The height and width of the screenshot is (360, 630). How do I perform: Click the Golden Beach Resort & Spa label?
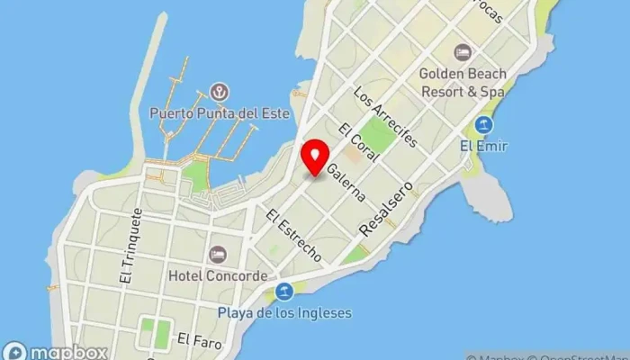[462, 82]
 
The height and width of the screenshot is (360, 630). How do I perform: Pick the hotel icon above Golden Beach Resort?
[463, 51]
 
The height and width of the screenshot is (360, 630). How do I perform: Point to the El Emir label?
[483, 146]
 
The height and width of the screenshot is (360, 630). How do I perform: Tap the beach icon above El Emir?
[484, 124]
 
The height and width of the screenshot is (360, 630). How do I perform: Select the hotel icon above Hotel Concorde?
[217, 255]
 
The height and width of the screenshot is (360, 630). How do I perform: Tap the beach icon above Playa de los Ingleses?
[284, 291]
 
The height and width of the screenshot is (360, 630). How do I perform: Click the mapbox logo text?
[68, 352]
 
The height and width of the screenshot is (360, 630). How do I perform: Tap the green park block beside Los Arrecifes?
[381, 135]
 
